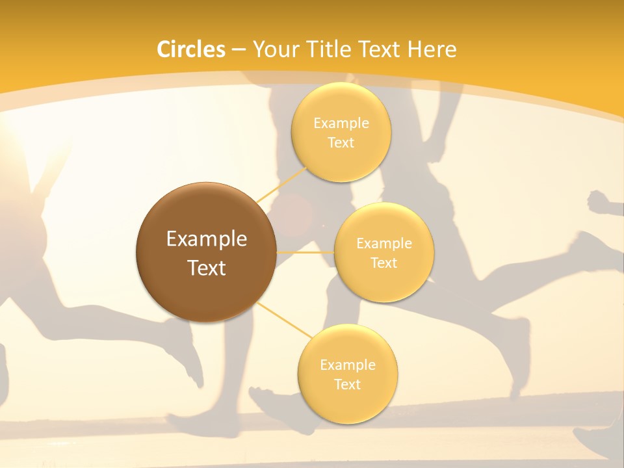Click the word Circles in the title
click(x=191, y=49)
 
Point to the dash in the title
click(x=239, y=50)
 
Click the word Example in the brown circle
click(x=207, y=239)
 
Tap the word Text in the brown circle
click(x=207, y=268)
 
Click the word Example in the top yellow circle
click(x=341, y=123)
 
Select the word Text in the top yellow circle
click(x=341, y=143)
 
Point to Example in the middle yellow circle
click(x=384, y=244)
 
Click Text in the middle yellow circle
click(x=384, y=263)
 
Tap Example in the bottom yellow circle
click(x=348, y=365)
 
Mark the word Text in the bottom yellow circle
click(x=348, y=385)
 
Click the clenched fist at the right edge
click(x=601, y=202)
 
